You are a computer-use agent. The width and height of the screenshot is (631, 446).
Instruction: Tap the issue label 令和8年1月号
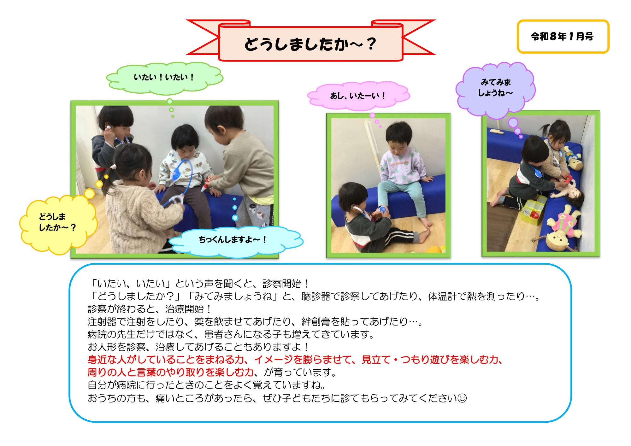[562, 37]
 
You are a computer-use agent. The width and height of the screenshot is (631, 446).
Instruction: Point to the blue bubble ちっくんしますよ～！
[233, 240]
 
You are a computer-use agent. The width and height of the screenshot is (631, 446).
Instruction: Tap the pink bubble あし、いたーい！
[358, 96]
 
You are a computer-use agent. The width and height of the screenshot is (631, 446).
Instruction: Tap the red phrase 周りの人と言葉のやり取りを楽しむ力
[171, 373]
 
